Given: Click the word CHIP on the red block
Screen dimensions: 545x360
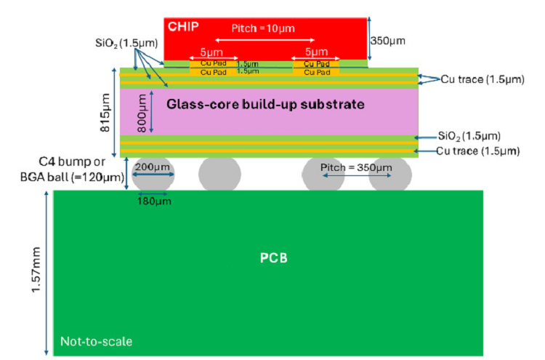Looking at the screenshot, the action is (x=183, y=26).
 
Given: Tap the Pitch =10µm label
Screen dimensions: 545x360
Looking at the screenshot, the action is (x=263, y=28).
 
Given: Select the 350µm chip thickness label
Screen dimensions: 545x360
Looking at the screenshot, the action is (x=388, y=41).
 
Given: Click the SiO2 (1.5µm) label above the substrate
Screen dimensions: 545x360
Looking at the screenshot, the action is (x=126, y=43).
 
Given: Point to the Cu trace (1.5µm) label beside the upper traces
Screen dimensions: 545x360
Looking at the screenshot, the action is (x=483, y=79).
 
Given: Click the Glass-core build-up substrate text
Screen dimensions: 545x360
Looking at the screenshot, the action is (x=265, y=104).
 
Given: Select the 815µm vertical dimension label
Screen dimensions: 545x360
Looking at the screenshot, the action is (x=105, y=112).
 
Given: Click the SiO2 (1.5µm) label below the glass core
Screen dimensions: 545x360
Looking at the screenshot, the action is (x=469, y=136).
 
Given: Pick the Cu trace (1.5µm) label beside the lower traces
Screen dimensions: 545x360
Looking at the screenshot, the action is (x=478, y=151).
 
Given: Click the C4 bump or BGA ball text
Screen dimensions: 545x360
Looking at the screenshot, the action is (x=72, y=169).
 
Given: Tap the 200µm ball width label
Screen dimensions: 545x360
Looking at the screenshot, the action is (x=153, y=167).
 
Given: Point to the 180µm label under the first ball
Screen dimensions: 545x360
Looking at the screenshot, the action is (x=154, y=201).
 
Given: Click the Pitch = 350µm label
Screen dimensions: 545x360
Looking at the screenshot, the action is (x=356, y=167).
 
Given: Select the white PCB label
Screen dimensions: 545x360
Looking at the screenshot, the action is (x=274, y=258).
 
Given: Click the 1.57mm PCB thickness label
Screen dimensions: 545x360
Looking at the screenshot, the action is (x=36, y=270).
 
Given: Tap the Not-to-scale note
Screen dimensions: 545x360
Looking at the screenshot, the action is (x=96, y=342).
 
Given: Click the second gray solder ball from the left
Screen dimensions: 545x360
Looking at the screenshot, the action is (x=219, y=174).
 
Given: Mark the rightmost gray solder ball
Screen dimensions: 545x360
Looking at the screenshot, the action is (x=390, y=174).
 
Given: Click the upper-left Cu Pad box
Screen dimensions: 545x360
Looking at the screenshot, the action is (x=214, y=63).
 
